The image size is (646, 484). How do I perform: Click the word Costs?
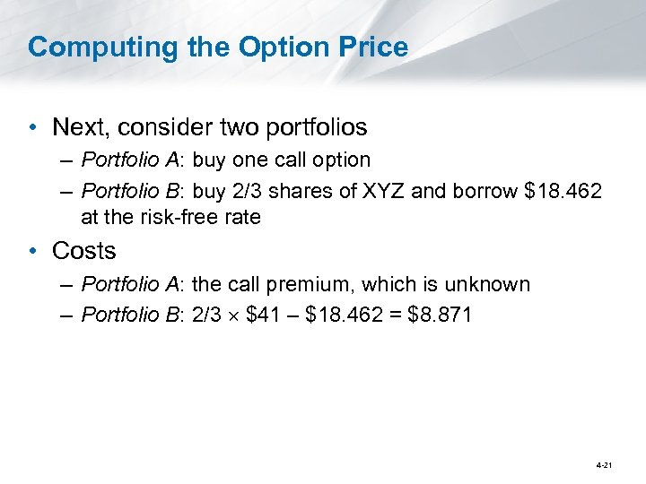(84, 251)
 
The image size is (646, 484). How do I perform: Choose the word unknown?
(491, 285)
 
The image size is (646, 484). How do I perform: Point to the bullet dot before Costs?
(34, 252)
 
